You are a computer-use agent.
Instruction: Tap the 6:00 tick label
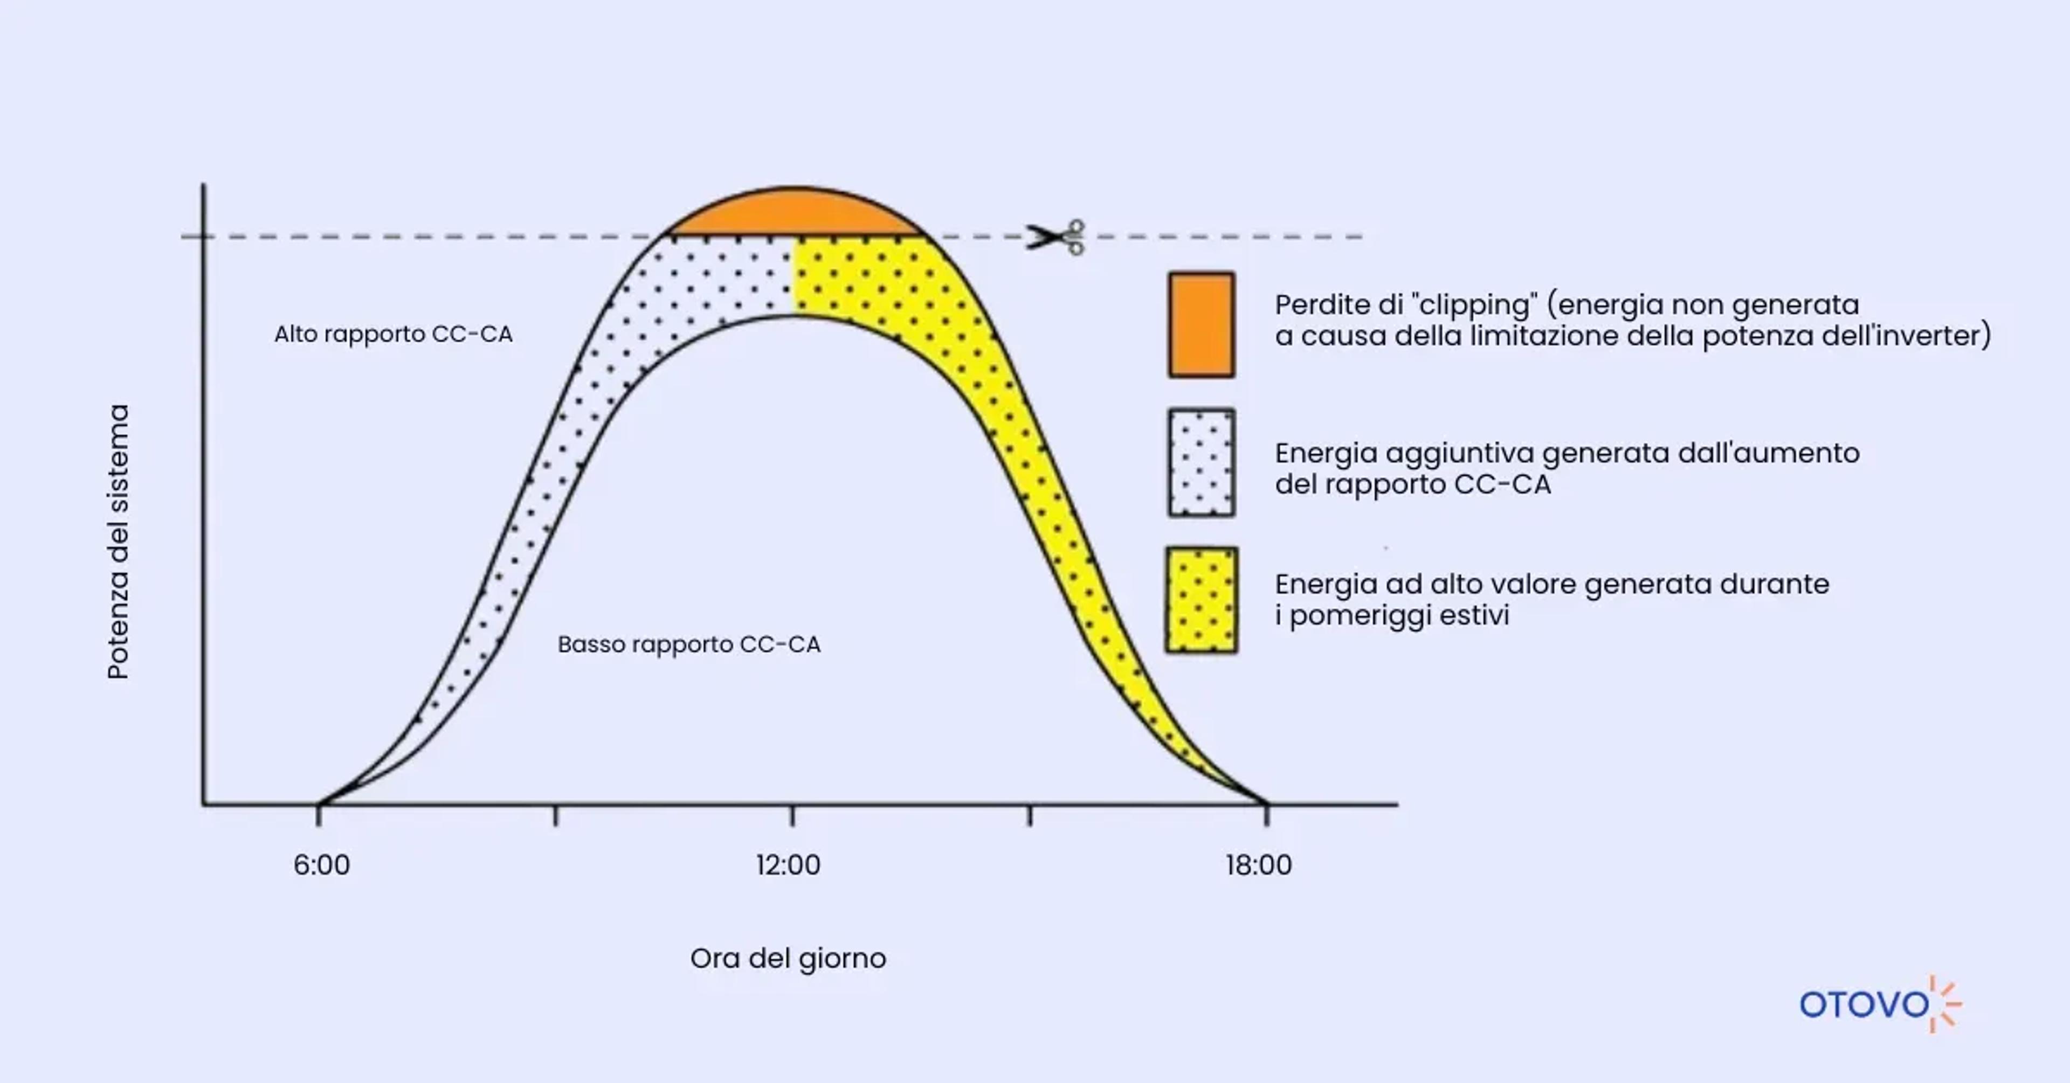321,865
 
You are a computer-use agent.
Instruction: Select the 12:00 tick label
788,865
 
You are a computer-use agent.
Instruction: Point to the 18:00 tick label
1258,865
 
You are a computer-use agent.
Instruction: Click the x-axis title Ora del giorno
788,959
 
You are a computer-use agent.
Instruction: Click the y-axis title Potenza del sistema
118,541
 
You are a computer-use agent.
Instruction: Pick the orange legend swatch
1202,324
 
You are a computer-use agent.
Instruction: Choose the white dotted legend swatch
1202,463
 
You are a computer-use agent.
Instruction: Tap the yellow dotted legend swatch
1202,600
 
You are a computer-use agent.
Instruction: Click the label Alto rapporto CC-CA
393,334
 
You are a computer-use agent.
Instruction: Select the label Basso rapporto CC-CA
689,644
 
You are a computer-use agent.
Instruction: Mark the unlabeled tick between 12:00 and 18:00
1030,815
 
